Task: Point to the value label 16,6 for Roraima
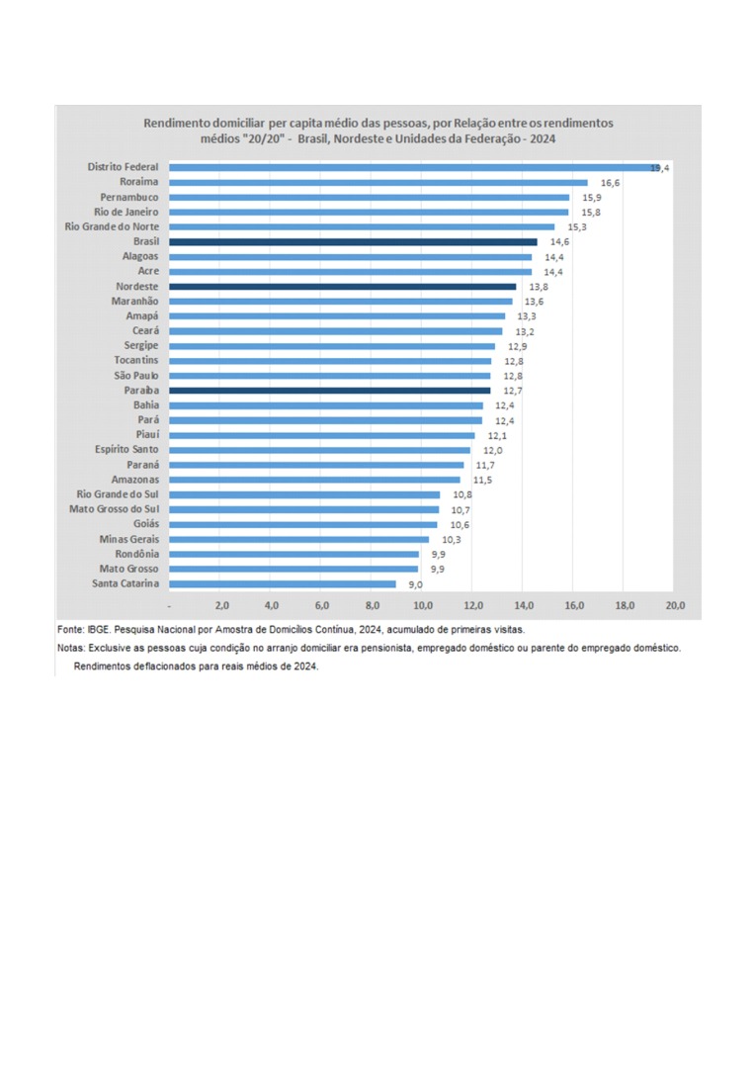[x=610, y=183]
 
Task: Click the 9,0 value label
[x=416, y=584]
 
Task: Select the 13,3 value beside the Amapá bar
[x=527, y=316]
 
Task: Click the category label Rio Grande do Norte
[x=112, y=226]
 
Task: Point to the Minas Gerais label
[x=128, y=539]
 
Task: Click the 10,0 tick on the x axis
[x=422, y=604]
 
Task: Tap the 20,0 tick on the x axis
[x=675, y=604]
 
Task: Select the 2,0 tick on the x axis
[x=220, y=604]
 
